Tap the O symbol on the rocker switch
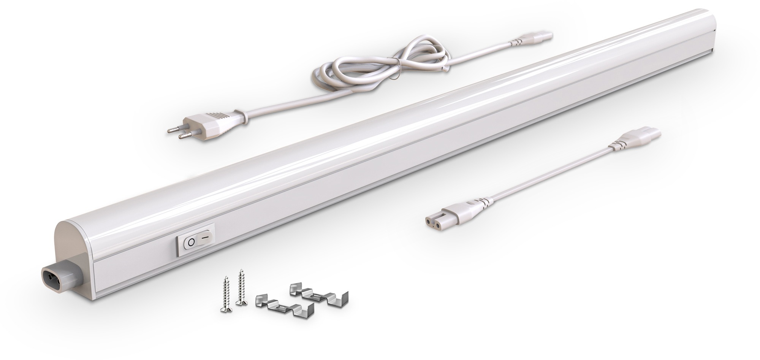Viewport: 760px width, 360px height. [x=191, y=242]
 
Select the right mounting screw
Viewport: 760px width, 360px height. [x=241, y=287]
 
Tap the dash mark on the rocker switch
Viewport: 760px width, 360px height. [x=205, y=237]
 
